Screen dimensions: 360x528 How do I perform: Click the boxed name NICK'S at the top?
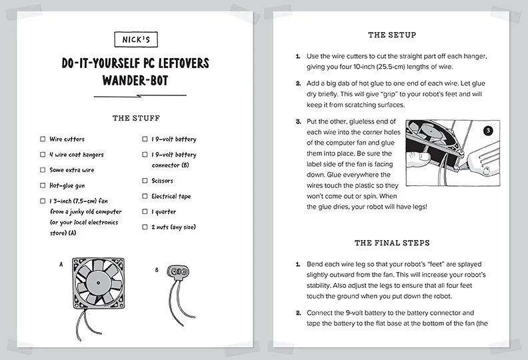(x=135, y=40)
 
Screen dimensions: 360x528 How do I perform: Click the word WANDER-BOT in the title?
(x=135, y=81)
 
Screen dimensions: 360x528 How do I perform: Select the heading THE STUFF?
(x=136, y=118)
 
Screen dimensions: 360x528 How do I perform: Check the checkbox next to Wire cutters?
(x=43, y=139)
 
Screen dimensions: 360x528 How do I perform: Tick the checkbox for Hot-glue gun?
(x=43, y=185)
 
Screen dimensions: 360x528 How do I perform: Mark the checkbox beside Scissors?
(x=145, y=181)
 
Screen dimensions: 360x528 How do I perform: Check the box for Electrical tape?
(x=145, y=196)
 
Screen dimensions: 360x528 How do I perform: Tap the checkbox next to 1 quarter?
(x=145, y=211)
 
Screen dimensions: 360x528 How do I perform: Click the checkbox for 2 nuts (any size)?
(x=145, y=227)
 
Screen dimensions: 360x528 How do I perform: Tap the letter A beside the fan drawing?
(x=61, y=264)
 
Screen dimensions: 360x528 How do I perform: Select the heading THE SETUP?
(x=392, y=35)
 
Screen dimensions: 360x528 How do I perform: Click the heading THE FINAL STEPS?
(x=392, y=243)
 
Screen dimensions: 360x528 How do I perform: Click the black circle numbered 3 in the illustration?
(x=487, y=131)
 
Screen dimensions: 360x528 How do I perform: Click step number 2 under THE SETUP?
(x=298, y=83)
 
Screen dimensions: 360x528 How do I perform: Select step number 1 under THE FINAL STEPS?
(x=298, y=265)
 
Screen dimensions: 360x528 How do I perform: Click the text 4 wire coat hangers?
(x=76, y=155)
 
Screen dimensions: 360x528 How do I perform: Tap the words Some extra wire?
(x=71, y=170)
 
